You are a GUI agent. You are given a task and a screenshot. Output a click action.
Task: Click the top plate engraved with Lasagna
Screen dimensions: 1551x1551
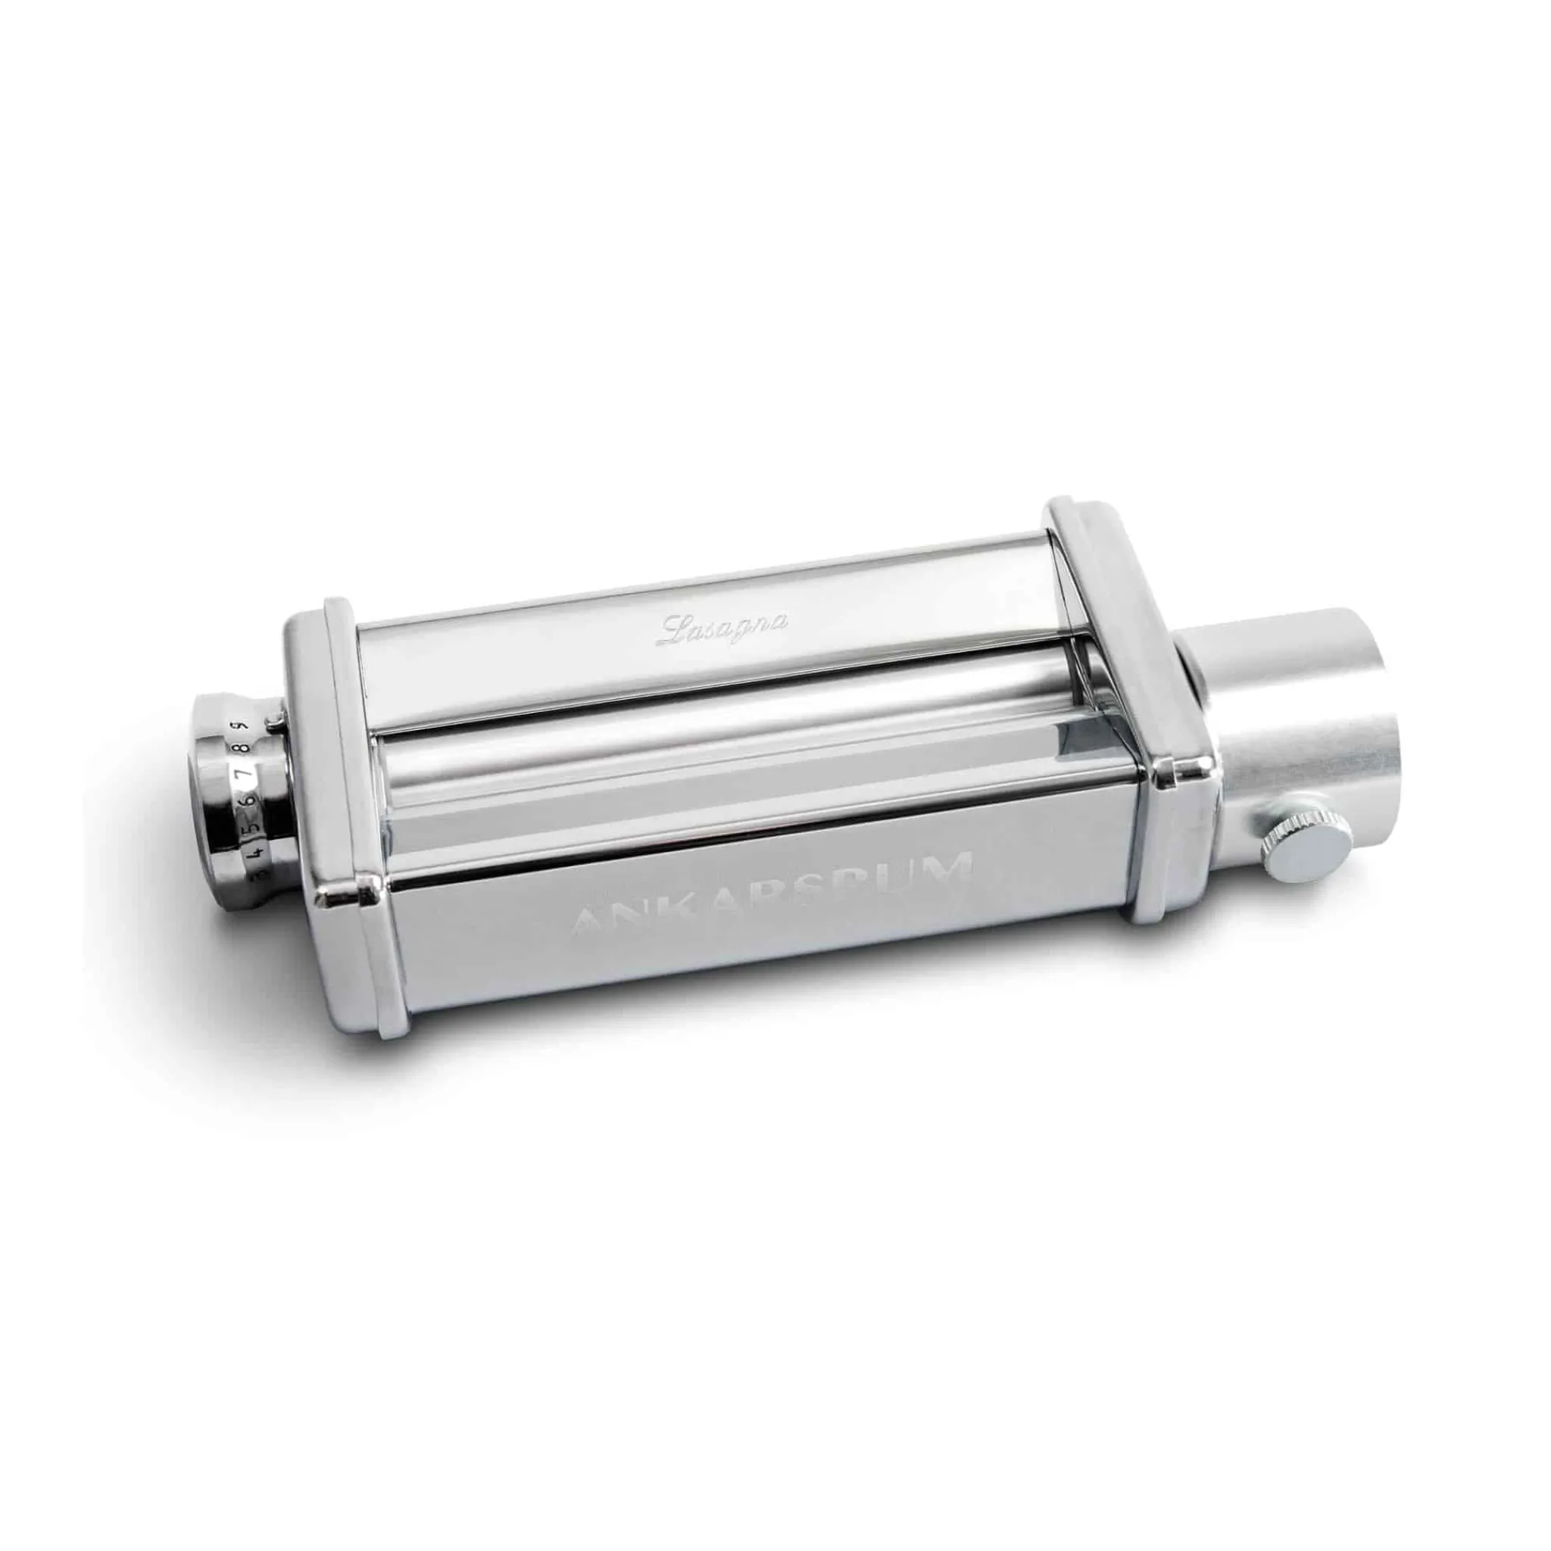click(x=707, y=642)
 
